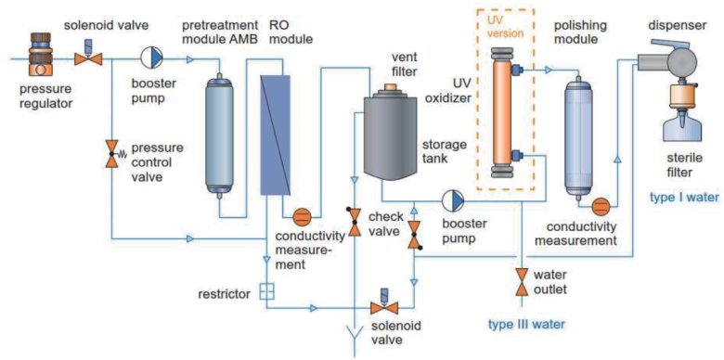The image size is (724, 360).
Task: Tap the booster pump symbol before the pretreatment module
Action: [151, 58]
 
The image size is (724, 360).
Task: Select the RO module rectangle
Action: [275, 135]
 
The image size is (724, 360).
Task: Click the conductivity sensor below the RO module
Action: [302, 215]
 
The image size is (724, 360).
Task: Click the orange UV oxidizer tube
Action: [501, 112]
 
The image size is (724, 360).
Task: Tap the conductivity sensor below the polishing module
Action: [601, 206]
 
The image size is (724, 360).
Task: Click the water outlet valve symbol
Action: [523, 281]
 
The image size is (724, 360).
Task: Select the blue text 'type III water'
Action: [527, 325]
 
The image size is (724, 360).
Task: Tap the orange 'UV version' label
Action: [506, 27]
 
